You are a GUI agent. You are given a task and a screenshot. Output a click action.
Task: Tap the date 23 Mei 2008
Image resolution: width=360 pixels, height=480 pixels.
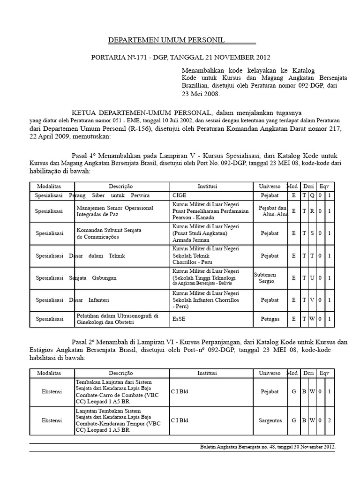pos(200,94)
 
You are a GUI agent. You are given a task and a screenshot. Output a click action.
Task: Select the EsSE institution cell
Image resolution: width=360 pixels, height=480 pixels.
pos(178,319)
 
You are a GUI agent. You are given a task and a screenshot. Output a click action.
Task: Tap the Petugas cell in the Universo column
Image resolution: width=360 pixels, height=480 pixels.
pos(270,319)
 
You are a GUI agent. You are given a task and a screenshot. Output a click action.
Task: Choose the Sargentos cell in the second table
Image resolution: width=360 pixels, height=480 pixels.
pos(270,420)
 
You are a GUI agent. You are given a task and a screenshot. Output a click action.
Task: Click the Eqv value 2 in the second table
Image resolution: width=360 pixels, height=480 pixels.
pos(330,420)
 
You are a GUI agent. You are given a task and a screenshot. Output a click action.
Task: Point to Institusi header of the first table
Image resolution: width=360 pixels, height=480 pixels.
pos(207,186)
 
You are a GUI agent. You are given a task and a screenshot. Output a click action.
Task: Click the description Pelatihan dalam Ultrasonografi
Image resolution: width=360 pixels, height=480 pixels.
pos(117,315)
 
